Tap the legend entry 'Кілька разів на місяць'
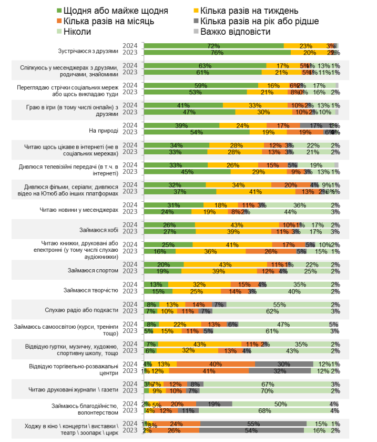click(x=108, y=21)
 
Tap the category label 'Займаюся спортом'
click(x=92, y=270)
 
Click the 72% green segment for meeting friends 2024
click(x=213, y=46)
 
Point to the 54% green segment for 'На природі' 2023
click(x=197, y=132)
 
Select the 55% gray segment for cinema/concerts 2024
click(x=253, y=424)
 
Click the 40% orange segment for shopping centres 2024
click(x=216, y=364)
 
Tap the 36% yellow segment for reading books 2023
click(x=210, y=251)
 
